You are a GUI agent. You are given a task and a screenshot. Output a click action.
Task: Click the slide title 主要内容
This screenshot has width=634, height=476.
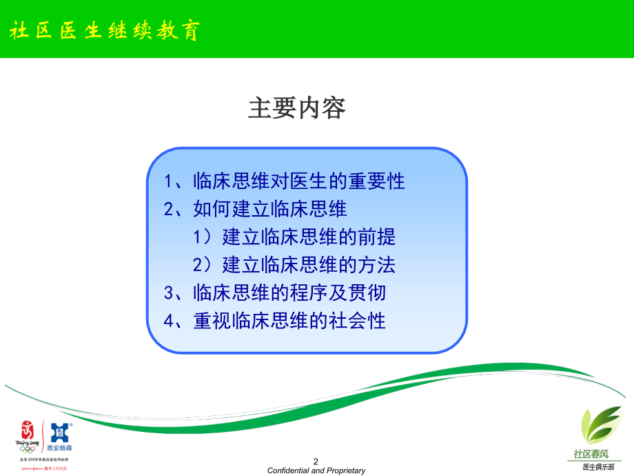coord(297,108)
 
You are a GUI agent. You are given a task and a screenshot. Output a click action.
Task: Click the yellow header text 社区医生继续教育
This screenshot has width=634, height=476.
coord(103,31)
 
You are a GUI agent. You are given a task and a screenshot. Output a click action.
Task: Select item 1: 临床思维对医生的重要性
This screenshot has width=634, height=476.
coord(285,181)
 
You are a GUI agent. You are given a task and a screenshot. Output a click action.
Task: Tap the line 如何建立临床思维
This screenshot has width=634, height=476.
coord(255,209)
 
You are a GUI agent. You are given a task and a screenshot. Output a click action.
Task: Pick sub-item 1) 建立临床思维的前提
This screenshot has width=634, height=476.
coord(294,237)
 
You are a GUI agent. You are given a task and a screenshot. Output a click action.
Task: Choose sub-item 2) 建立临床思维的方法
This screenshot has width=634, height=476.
coord(294,265)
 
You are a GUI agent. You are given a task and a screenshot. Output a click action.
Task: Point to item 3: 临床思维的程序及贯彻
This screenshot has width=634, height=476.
coord(275,292)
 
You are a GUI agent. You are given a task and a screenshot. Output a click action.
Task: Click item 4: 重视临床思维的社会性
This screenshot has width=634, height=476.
coord(275,321)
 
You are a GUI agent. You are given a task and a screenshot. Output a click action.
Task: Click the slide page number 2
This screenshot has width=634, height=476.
coord(316,461)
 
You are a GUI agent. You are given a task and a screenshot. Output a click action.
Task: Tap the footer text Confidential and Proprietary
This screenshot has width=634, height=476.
coord(316,470)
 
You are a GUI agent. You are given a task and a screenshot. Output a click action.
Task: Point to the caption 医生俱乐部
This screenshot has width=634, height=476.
coord(597,467)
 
